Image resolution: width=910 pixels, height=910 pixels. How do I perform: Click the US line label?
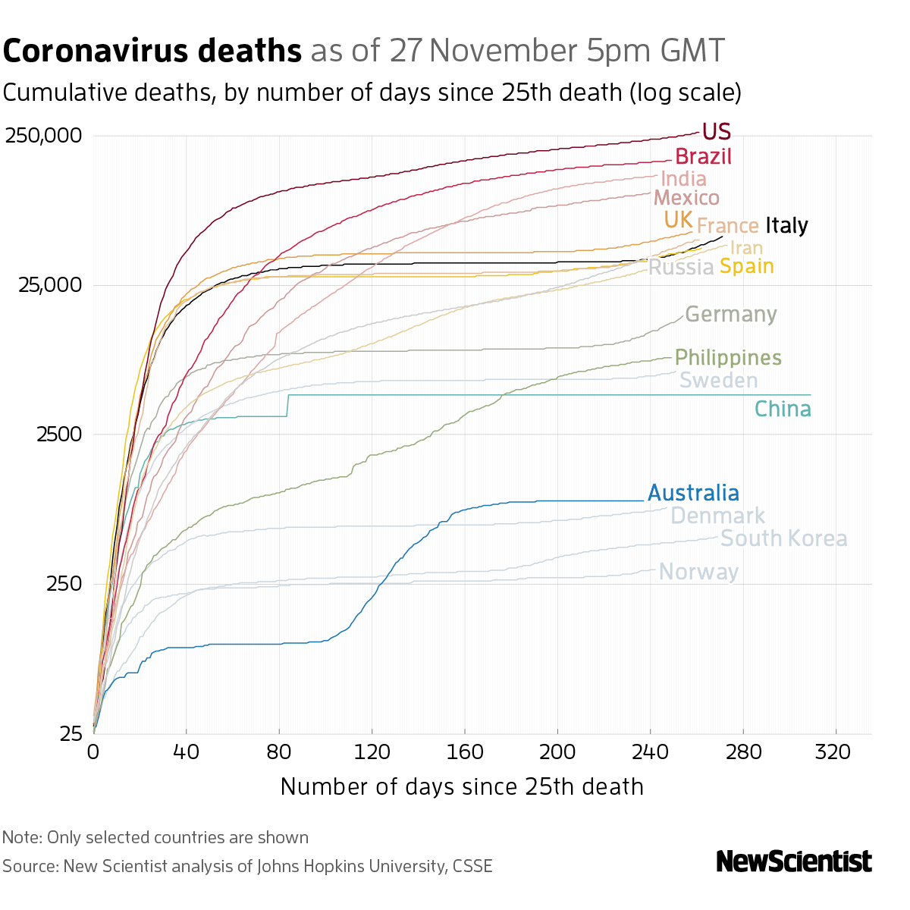(716, 132)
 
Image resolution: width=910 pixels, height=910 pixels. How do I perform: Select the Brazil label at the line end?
(703, 157)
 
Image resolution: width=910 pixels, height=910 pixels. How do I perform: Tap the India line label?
(683, 179)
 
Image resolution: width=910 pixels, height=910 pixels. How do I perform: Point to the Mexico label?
(686, 198)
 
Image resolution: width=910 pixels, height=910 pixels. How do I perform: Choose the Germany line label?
(730, 315)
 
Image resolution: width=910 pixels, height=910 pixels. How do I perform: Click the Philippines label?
(727, 357)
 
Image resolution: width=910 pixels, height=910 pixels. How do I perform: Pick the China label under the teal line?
(783, 409)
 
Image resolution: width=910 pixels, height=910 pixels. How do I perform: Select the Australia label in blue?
(693, 494)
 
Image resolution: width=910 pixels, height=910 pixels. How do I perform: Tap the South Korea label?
(783, 538)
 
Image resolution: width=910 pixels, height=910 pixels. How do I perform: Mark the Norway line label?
(698, 572)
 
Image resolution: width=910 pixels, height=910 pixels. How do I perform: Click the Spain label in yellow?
(746, 266)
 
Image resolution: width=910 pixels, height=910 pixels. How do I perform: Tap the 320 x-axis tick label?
(836, 752)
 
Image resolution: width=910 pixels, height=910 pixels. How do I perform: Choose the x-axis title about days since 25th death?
(462, 786)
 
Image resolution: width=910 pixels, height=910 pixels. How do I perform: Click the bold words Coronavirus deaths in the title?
(152, 52)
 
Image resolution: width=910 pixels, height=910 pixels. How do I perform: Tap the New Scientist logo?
(793, 861)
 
